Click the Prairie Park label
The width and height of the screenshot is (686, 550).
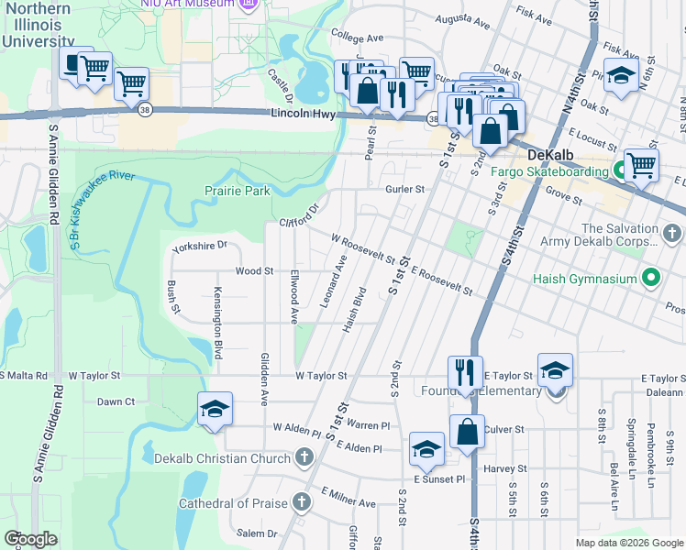[x=238, y=192]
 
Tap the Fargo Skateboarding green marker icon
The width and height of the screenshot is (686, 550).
[x=621, y=170]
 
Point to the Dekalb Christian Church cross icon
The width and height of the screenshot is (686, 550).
[x=304, y=457]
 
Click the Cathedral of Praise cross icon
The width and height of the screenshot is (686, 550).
[x=302, y=501]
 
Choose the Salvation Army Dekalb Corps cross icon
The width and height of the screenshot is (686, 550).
[x=673, y=234]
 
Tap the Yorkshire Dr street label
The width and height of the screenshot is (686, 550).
[x=199, y=247]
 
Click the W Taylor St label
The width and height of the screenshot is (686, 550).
[x=322, y=376]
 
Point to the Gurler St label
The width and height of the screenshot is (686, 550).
[x=405, y=190]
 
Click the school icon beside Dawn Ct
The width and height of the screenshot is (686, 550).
[x=214, y=409]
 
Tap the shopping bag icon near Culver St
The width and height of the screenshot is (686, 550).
[x=467, y=431]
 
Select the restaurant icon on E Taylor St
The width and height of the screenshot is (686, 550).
[x=465, y=372]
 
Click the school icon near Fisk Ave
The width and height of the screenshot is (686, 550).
[x=621, y=76]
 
